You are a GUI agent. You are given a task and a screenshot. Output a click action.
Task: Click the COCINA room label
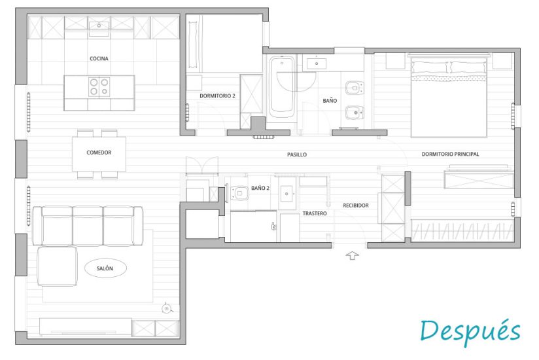tap(99, 58)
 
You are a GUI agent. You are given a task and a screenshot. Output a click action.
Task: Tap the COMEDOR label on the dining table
tap(99, 153)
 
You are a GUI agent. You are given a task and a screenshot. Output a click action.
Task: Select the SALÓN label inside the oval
tap(105, 268)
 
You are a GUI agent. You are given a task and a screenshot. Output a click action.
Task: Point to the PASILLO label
tap(297, 154)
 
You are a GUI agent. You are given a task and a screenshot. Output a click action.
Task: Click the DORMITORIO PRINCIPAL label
tap(450, 154)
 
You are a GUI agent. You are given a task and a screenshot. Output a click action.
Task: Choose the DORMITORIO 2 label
tap(217, 96)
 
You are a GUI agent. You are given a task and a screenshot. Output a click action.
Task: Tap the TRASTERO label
tap(315, 213)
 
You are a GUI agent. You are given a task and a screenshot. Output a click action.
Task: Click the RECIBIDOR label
tap(356, 206)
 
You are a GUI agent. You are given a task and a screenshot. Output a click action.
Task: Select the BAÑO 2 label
tap(260, 188)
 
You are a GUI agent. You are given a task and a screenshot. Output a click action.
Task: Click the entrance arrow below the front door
tap(352, 255)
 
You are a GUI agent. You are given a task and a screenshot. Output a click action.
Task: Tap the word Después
tap(470, 331)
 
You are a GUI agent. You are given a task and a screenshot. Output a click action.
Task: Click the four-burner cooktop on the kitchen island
tap(99, 86)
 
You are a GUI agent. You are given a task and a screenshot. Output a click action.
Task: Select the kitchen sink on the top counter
tap(99, 26)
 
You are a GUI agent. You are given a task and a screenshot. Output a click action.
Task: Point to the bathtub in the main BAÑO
tap(282, 86)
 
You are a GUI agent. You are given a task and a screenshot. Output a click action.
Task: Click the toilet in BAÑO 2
tap(239, 193)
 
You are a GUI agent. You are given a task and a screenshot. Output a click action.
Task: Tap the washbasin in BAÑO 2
tap(287, 194)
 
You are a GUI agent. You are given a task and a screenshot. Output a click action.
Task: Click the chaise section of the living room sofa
tap(57, 266)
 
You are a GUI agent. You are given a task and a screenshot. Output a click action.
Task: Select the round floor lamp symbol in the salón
tap(167, 308)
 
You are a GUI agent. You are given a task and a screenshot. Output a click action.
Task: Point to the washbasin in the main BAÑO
tap(316, 63)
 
